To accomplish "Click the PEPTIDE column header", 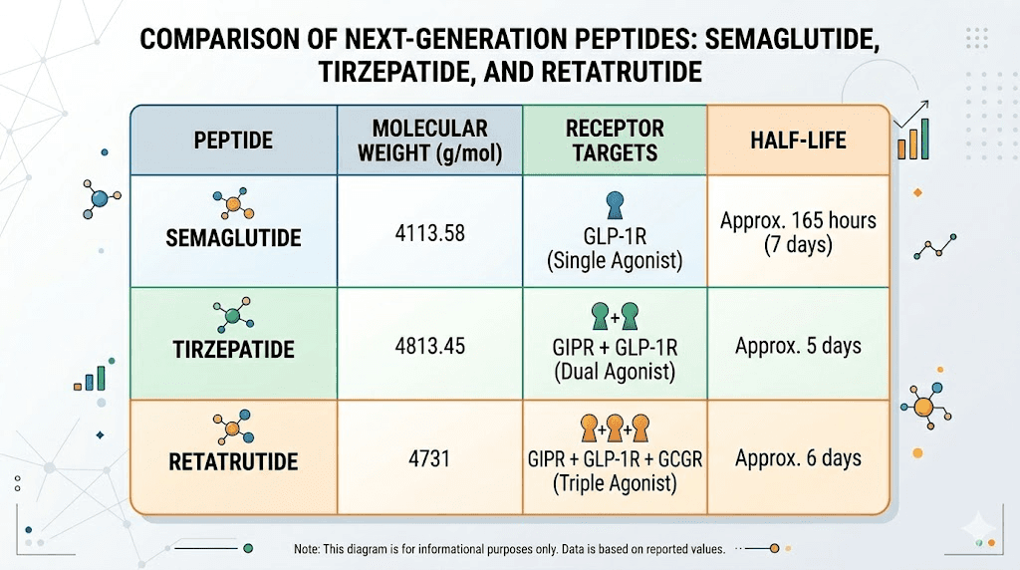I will tap(233, 141).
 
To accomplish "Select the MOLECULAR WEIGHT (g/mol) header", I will tap(429, 141).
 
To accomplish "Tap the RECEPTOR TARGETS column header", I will tap(614, 141).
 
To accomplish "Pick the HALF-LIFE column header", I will tap(797, 141).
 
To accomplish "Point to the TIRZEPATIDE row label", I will tap(233, 350).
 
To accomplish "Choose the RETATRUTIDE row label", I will tap(233, 461).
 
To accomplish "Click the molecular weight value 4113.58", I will tap(429, 234).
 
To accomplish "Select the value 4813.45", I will tap(429, 347).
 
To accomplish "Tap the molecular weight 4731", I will tap(429, 459).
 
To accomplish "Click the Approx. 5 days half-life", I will tap(798, 347).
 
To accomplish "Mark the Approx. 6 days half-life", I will tap(798, 459).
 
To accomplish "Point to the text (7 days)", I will tap(798, 245).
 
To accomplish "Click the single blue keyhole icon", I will tap(614, 206).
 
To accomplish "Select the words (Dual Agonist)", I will tap(614, 373).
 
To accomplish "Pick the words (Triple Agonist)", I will tap(614, 484).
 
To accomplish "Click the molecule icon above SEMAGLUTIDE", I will tap(232, 205).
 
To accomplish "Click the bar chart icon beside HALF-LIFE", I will tap(913, 140).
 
